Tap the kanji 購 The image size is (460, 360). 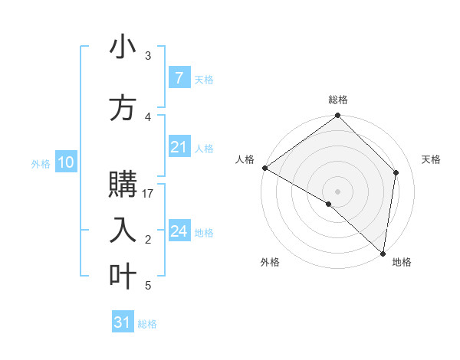pos(123,186)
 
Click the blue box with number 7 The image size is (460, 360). pos(179,78)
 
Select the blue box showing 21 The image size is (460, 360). pos(179,147)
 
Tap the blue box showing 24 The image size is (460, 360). pos(179,231)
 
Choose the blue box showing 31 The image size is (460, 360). pos(123,322)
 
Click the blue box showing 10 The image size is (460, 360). pos(65,162)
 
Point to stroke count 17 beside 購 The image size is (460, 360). pos(148,193)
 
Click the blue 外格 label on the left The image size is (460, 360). pos(41,163)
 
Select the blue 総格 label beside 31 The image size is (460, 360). pos(147,324)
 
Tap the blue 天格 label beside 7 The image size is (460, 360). pos(204,79)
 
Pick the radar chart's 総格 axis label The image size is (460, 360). pos(338,100)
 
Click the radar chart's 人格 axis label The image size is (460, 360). pos(245,159)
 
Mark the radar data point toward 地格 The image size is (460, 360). pos(383,253)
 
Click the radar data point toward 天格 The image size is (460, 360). pos(396,172)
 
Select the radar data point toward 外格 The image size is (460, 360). pos(329,204)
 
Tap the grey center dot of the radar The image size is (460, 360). pos(337,191)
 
